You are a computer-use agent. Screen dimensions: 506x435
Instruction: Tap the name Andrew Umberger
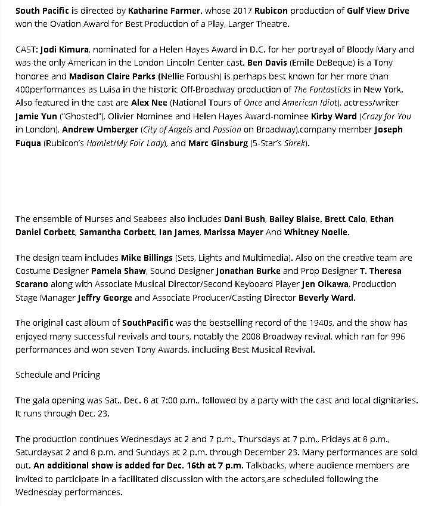click(x=91, y=129)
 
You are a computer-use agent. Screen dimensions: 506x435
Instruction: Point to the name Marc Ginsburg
click(x=218, y=143)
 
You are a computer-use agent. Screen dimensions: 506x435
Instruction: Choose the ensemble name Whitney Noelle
click(x=317, y=232)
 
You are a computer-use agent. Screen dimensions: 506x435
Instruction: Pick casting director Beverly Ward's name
click(x=327, y=297)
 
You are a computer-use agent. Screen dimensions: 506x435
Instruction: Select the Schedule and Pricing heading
click(x=58, y=375)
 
